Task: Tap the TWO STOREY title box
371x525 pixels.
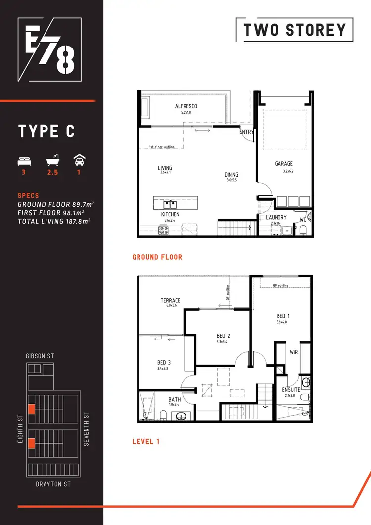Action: coord(295,30)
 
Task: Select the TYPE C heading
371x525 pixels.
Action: coord(46,131)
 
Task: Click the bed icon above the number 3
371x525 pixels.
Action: coord(24,161)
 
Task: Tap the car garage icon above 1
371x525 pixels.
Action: coord(78,160)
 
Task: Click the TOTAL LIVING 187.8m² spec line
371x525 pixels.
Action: coord(53,221)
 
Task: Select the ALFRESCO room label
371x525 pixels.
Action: coord(186,106)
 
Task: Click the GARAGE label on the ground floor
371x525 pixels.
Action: coord(284,164)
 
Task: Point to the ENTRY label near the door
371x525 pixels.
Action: coord(246,132)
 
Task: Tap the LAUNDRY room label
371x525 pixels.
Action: coord(276,217)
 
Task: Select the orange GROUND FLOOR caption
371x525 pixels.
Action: coord(157,257)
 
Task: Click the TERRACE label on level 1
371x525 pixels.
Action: coord(170,300)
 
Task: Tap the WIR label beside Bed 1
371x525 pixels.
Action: coord(293,352)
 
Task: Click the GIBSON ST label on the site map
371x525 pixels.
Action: coord(40,356)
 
